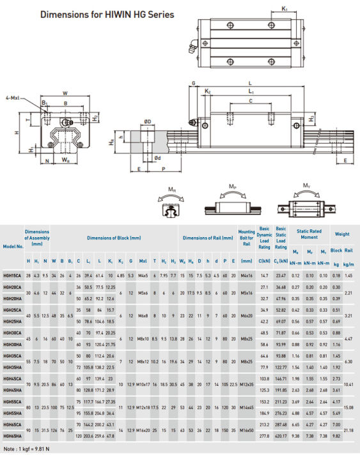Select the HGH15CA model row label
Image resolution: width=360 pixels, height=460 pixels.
tap(12, 275)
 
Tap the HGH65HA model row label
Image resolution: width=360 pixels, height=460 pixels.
tap(12, 435)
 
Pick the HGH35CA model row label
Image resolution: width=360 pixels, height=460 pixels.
tap(12, 355)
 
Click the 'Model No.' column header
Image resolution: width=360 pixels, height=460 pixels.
tap(13, 245)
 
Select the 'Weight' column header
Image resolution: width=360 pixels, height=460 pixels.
tap(342, 234)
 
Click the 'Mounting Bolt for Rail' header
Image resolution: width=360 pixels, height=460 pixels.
tap(246, 238)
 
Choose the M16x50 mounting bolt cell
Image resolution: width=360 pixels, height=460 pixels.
tap(246, 431)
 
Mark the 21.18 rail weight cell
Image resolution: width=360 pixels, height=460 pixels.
tap(348, 431)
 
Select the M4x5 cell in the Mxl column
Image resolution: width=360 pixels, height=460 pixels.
tap(142, 275)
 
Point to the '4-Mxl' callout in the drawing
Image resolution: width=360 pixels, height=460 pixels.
tap(14, 98)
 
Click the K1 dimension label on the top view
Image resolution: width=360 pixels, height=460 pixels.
tap(284, 9)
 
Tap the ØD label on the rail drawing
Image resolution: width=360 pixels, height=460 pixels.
tap(148, 121)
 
